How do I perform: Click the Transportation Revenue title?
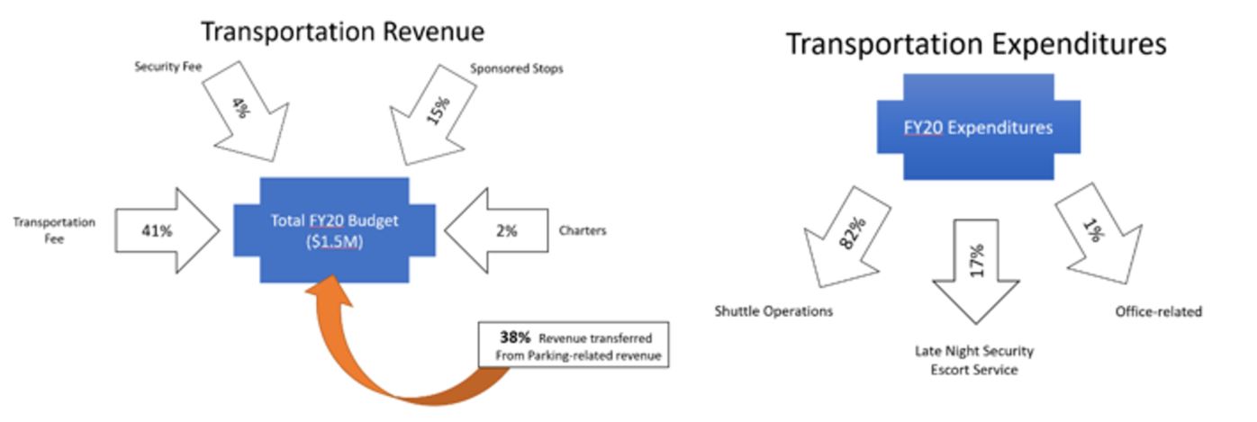pos(342,31)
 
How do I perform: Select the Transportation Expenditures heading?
pos(976,43)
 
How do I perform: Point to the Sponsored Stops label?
pos(517,68)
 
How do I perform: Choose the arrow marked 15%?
pos(437,116)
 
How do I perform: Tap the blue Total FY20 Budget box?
pos(334,230)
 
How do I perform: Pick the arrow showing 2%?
pos(501,230)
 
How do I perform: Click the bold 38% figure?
pos(514,337)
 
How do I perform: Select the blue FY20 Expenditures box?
pos(978,128)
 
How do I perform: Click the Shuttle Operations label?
pos(773,311)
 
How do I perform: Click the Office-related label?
pos(1158,311)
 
